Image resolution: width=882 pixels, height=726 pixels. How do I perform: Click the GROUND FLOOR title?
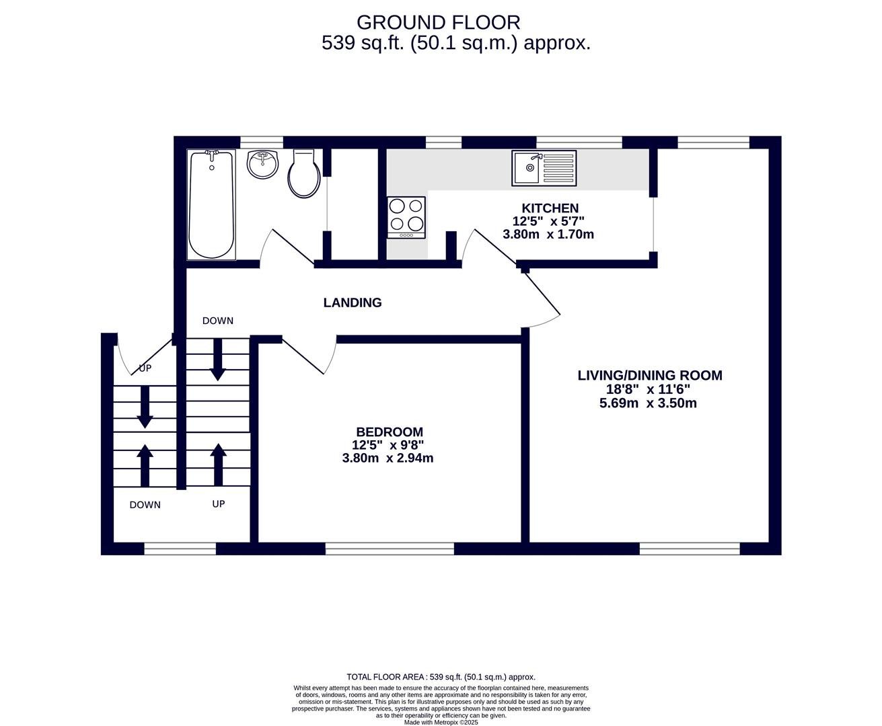(439, 22)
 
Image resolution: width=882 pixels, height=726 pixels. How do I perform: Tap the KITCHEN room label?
(550, 208)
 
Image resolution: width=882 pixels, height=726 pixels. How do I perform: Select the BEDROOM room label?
(390, 432)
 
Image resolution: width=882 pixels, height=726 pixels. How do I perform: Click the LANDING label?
(353, 302)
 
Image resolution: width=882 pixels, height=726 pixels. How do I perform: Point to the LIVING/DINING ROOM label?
(650, 375)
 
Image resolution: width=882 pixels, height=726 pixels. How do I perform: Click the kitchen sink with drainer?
(544, 168)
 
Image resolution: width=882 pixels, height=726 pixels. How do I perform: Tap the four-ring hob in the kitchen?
(406, 218)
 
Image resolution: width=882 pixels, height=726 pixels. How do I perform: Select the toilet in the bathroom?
(304, 173)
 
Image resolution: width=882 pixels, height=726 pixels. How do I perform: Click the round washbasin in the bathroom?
(263, 164)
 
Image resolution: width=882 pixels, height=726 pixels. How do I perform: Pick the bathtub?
(212, 205)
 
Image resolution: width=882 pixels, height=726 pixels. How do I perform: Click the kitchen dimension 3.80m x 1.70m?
(548, 234)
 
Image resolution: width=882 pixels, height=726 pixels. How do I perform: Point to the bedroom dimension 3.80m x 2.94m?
(388, 458)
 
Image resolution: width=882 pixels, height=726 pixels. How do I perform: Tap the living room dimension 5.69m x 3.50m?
(648, 403)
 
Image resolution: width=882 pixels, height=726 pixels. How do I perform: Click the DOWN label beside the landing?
(218, 321)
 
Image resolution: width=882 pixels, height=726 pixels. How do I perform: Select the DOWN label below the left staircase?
(145, 505)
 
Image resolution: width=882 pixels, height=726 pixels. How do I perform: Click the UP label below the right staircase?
(219, 503)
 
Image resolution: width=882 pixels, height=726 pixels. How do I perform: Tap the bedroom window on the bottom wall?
(390, 549)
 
